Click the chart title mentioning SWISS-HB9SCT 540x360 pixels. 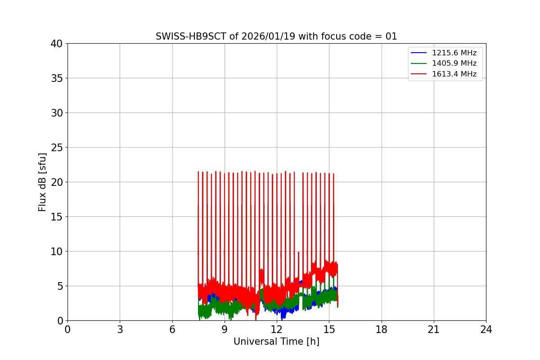(276, 36)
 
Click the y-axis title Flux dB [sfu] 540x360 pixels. (42, 182)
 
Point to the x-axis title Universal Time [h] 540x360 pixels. (276, 342)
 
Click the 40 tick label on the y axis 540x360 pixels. (57, 44)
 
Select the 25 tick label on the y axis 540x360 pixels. (57, 148)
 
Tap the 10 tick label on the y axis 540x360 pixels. (57, 252)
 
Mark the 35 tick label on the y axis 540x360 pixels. (57, 78)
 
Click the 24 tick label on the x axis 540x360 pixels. (486, 330)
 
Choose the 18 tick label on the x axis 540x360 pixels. (382, 330)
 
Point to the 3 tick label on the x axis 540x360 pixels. (120, 330)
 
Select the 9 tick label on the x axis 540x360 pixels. (225, 330)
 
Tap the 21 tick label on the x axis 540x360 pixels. (434, 330)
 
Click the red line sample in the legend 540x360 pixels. (419, 74)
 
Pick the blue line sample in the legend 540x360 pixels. (419, 53)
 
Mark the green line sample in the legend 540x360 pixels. (419, 63)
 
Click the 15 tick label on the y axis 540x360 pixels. (57, 217)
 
